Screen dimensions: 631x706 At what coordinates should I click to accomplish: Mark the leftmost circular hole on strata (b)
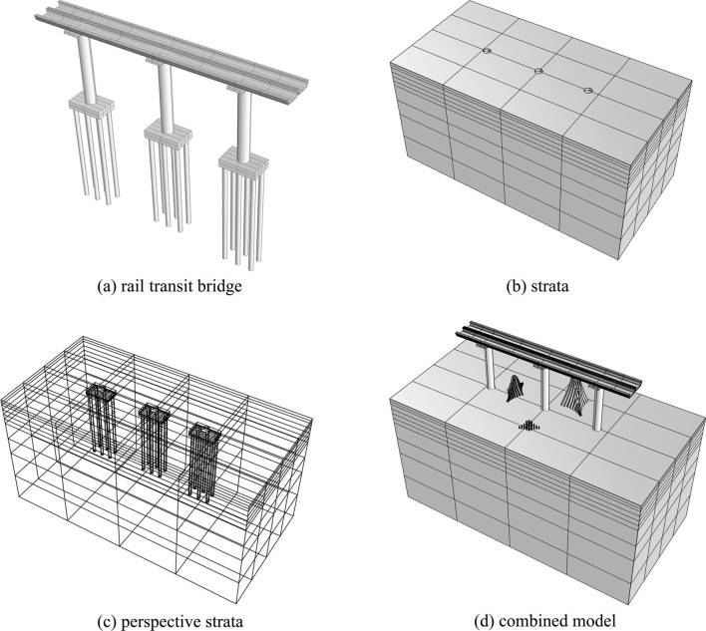(486, 51)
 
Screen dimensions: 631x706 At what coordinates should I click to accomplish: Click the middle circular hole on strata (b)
(538, 71)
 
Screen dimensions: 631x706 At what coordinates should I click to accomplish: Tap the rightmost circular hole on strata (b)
(588, 92)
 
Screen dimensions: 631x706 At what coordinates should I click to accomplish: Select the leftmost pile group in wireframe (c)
(102, 419)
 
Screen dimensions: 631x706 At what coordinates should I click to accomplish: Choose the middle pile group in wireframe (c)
(155, 439)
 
